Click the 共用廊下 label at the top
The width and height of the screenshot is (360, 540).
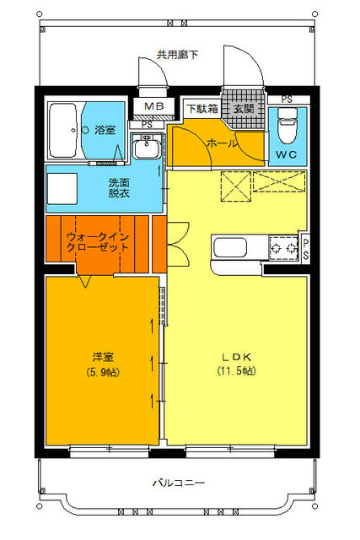coord(178,55)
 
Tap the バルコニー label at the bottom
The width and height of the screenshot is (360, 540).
coord(178,483)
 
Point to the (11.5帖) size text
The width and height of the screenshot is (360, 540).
coord(237,371)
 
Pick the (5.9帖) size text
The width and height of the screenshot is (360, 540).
coord(103,371)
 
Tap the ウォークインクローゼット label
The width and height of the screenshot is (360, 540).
coord(98,242)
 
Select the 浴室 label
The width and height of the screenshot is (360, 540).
coord(105,130)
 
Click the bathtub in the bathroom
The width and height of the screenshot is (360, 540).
coord(63,131)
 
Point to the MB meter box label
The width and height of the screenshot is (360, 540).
coord(153,106)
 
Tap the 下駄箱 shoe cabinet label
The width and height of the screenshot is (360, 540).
coord(202,109)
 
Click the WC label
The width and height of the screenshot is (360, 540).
coord(287,156)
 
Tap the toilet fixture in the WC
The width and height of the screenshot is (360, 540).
coord(287,129)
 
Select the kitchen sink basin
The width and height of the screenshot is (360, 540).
coord(230,248)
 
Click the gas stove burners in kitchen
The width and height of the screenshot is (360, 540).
coord(284,248)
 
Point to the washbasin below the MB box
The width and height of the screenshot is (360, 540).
coord(147,148)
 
